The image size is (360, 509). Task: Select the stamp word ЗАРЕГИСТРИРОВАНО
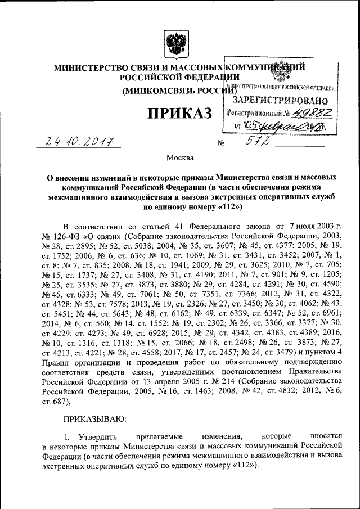point(275,100)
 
